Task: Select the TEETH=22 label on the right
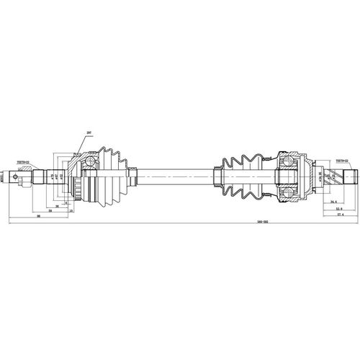[341, 161]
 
